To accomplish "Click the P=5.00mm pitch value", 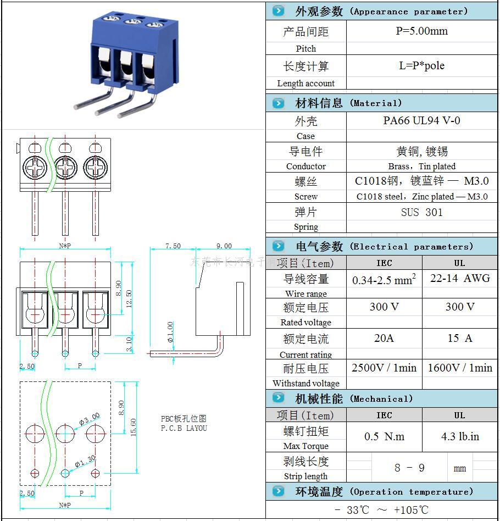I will (421, 31).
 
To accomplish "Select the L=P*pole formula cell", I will (421, 66).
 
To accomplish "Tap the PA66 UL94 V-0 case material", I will (421, 120).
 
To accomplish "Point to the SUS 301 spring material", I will (421, 212).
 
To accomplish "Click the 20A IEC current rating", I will (384, 338).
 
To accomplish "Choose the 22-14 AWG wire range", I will (459, 278).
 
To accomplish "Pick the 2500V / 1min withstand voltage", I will (384, 368).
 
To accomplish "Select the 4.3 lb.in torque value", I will (459, 436).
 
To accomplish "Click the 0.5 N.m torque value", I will (384, 436).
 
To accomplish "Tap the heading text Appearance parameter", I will (409, 12).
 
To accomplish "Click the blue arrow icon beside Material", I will (279, 103).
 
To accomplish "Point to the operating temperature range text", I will (381, 510).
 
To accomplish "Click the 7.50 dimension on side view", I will (173, 246).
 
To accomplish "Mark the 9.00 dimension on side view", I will (224, 246).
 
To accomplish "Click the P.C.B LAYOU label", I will (184, 428).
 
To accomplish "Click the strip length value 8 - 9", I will (409, 468).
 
